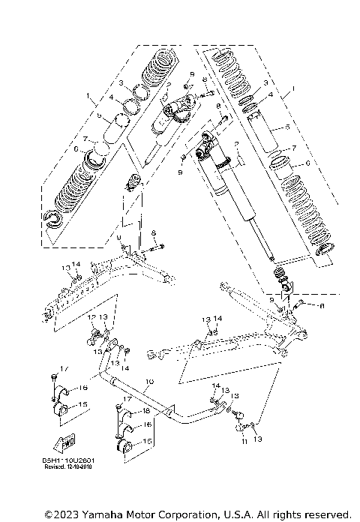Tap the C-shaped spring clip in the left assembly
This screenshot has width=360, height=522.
[55, 219]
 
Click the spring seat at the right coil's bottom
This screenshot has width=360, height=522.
[325, 251]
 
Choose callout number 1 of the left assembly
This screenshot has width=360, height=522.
[87, 96]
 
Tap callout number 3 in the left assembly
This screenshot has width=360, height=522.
[120, 82]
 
